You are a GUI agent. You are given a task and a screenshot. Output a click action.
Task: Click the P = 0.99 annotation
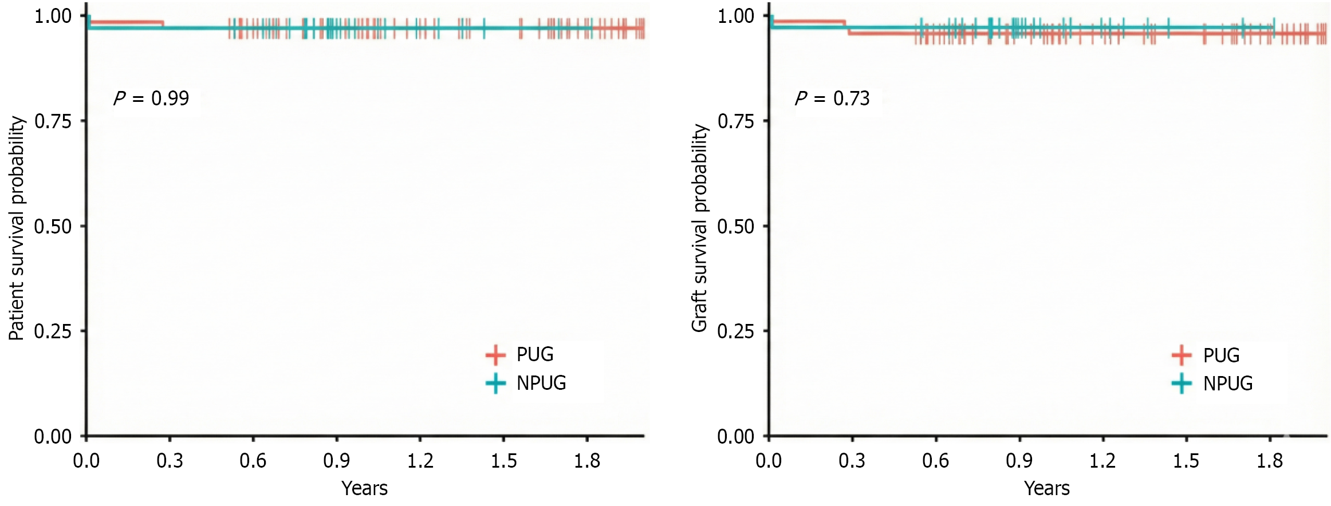(x=151, y=98)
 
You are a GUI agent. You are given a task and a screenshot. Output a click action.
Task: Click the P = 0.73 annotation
(x=832, y=98)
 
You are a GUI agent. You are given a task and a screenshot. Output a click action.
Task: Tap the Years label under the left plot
(x=364, y=488)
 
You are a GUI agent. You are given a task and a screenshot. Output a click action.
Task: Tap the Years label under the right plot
(x=1046, y=488)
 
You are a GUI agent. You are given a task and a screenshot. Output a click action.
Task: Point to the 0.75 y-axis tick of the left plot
(x=53, y=121)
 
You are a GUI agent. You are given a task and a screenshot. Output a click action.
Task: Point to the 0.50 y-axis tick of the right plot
(x=735, y=227)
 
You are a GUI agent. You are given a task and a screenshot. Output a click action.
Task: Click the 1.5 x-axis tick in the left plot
(x=503, y=461)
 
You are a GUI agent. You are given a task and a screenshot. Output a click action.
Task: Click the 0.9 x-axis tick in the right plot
(x=1019, y=461)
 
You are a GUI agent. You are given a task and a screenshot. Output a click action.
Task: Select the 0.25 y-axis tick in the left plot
(x=53, y=331)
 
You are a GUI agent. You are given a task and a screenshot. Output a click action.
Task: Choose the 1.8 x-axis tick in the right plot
(x=1269, y=461)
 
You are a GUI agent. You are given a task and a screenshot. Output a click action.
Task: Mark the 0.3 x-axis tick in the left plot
(x=170, y=461)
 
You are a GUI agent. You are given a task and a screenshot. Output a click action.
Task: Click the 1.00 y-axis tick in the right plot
(x=735, y=16)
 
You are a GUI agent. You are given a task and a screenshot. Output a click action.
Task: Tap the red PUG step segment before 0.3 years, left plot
(x=126, y=23)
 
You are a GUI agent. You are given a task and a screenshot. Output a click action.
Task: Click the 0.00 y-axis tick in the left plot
(x=53, y=437)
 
